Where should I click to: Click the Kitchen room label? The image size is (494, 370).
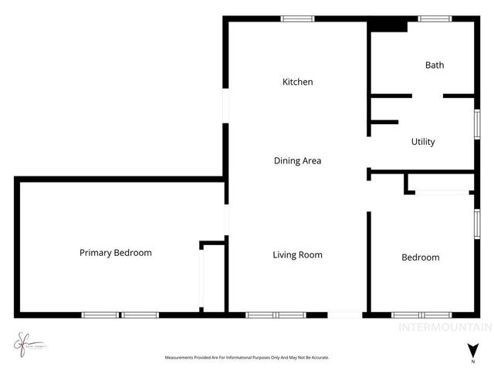(x=297, y=82)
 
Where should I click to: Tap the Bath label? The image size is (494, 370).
(x=435, y=66)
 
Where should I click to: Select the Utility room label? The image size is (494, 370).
(x=423, y=142)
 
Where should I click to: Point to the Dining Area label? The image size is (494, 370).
(x=297, y=161)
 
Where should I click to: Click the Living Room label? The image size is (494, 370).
(x=297, y=255)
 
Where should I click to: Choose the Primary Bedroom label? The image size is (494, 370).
(x=116, y=253)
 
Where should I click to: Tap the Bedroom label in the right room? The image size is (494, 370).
(x=421, y=257)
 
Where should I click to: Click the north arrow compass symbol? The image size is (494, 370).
(x=472, y=351)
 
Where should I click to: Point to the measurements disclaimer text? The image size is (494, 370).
(x=246, y=358)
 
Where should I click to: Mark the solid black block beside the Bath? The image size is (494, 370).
(x=387, y=25)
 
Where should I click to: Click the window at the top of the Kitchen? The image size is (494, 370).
(x=297, y=18)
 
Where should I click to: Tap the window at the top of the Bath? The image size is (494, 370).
(x=435, y=18)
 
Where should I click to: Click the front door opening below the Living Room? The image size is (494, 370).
(x=345, y=314)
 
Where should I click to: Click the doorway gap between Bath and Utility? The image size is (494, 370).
(x=427, y=96)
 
